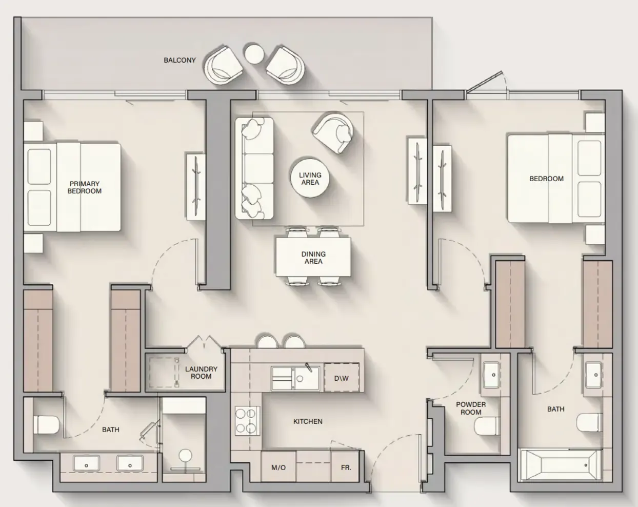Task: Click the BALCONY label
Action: [x=180, y=60]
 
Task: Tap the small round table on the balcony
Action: [x=254, y=54]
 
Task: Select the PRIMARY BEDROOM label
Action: [x=85, y=187]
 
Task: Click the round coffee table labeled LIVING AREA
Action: [x=310, y=178]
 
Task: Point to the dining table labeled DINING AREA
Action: [x=313, y=257]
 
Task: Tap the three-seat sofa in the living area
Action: [x=254, y=168]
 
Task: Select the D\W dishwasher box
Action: [x=342, y=378]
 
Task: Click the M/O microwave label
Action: [x=278, y=468]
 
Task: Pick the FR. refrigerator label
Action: [x=346, y=468]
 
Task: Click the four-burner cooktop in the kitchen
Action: [x=246, y=421]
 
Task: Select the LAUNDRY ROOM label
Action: [x=202, y=373]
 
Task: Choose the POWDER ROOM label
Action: [x=471, y=408]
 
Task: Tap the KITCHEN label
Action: [x=308, y=421]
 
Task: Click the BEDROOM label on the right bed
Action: [x=546, y=179]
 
